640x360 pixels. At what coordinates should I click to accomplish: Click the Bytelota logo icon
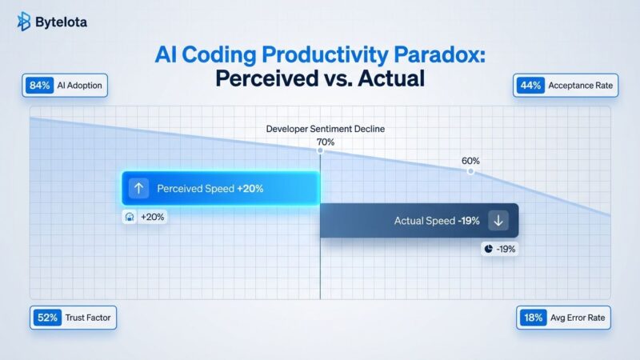[x=24, y=22]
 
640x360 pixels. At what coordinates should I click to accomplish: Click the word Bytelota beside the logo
[x=62, y=22]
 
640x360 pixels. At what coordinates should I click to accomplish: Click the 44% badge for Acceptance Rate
[x=530, y=86]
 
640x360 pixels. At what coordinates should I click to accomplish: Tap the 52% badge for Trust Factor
[x=46, y=318]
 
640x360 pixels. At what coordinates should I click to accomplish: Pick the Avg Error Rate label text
[x=578, y=318]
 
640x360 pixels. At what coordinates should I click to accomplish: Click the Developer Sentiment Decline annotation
[x=320, y=128]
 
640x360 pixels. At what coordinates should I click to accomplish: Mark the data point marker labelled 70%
[x=320, y=150]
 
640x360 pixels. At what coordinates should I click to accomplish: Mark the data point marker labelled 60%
[x=470, y=171]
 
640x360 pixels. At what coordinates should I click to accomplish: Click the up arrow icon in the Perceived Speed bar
[x=138, y=189]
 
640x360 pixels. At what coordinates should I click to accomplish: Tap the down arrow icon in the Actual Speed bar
[x=498, y=221]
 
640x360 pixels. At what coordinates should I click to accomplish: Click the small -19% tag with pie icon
[x=500, y=249]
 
